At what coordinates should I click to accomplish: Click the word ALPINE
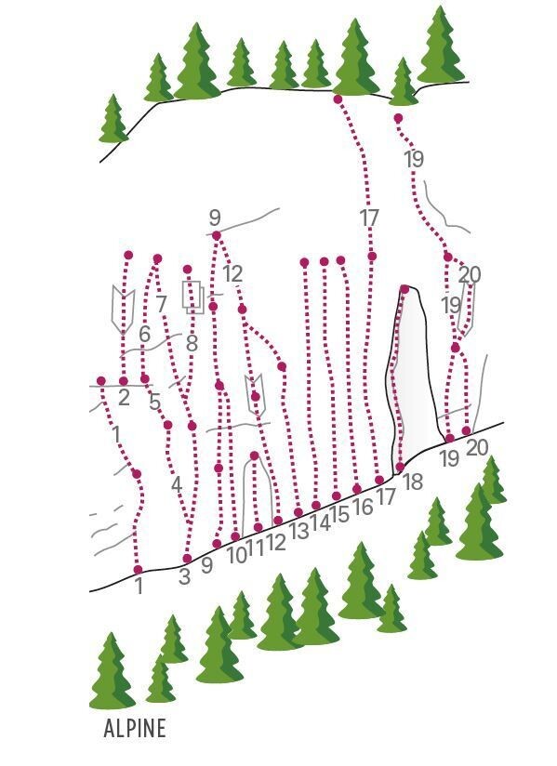tap(135, 728)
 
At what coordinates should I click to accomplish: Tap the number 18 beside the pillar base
tap(413, 482)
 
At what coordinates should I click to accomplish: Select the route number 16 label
tap(363, 507)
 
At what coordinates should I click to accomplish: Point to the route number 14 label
tap(320, 523)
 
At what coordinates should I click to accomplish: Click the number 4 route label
tap(177, 485)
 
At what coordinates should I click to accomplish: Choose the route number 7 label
tap(162, 305)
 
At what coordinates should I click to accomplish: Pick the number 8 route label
tap(192, 343)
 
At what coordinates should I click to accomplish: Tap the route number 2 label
tap(124, 398)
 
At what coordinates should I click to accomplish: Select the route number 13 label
tap(299, 531)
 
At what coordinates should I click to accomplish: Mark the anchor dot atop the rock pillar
tap(404, 289)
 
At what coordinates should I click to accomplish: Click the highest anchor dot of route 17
tap(338, 99)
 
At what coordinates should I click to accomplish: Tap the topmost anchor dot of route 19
tap(398, 118)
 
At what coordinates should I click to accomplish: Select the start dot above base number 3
tap(187, 559)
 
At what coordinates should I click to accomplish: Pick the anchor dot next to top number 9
tap(217, 235)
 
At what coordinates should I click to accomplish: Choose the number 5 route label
tap(155, 403)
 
